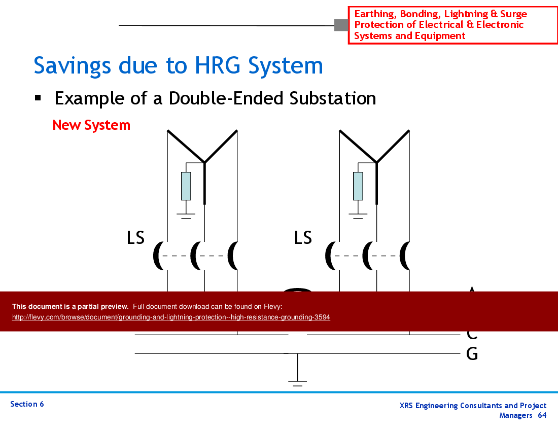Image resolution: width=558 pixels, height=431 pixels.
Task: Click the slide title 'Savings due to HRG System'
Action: (178, 66)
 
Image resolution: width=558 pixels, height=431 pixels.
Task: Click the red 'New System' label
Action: (91, 125)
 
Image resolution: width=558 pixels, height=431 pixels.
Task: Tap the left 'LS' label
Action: (135, 237)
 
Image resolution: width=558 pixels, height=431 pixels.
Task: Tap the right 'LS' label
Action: (303, 237)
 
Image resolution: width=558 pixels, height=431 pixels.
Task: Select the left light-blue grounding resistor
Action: (186, 186)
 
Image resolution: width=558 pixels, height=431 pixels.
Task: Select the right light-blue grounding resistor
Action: (358, 186)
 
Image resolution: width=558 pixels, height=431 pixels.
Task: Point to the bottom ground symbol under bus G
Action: (297, 383)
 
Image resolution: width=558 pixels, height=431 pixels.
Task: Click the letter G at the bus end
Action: (472, 354)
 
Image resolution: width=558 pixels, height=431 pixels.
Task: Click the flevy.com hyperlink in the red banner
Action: (171, 317)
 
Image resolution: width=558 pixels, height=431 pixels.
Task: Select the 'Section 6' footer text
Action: (27, 404)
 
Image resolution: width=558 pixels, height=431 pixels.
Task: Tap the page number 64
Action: (542, 415)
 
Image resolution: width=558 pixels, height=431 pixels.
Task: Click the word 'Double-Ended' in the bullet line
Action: (227, 98)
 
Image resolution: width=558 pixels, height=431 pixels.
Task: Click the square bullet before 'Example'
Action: (38, 97)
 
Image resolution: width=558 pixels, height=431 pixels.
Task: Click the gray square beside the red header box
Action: (341, 25)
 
